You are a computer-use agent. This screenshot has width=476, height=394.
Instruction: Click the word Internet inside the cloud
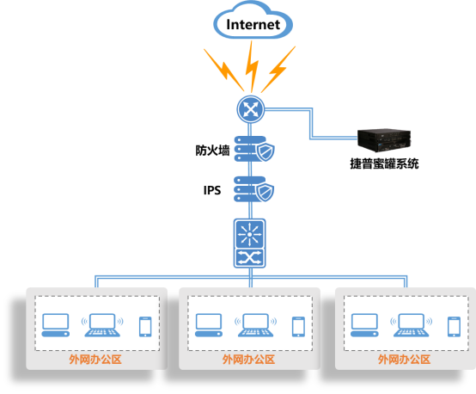[253, 25]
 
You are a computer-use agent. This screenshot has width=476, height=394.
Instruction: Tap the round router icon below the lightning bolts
[250, 109]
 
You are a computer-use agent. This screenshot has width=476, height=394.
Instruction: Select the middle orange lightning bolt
[252, 66]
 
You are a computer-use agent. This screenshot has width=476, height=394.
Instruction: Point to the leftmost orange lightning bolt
[223, 70]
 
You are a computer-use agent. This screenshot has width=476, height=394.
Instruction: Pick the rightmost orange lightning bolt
[278, 70]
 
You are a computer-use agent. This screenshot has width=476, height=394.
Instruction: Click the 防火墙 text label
[212, 151]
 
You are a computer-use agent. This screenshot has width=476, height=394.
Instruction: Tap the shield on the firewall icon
[265, 152]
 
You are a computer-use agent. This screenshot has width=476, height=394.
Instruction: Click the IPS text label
[212, 190]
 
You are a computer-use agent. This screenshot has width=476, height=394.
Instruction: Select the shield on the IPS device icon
[265, 192]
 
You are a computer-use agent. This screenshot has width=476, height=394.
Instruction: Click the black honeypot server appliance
[384, 140]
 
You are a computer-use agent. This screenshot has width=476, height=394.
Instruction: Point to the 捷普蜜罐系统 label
[384, 163]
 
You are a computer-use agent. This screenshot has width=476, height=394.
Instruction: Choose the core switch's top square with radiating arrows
[249, 234]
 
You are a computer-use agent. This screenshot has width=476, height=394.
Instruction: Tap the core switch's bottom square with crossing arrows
[249, 258]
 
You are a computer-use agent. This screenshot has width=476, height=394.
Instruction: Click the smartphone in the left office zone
[145, 327]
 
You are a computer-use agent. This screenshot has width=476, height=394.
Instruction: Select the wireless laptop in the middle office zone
[255, 325]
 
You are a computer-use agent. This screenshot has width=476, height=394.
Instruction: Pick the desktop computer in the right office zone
[364, 325]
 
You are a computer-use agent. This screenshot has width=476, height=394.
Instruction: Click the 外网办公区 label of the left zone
[95, 360]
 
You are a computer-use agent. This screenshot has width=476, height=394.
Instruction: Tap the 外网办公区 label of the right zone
[404, 360]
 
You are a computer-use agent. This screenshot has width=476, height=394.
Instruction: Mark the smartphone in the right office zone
[454, 327]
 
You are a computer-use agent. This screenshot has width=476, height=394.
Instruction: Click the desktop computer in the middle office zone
[209, 325]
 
